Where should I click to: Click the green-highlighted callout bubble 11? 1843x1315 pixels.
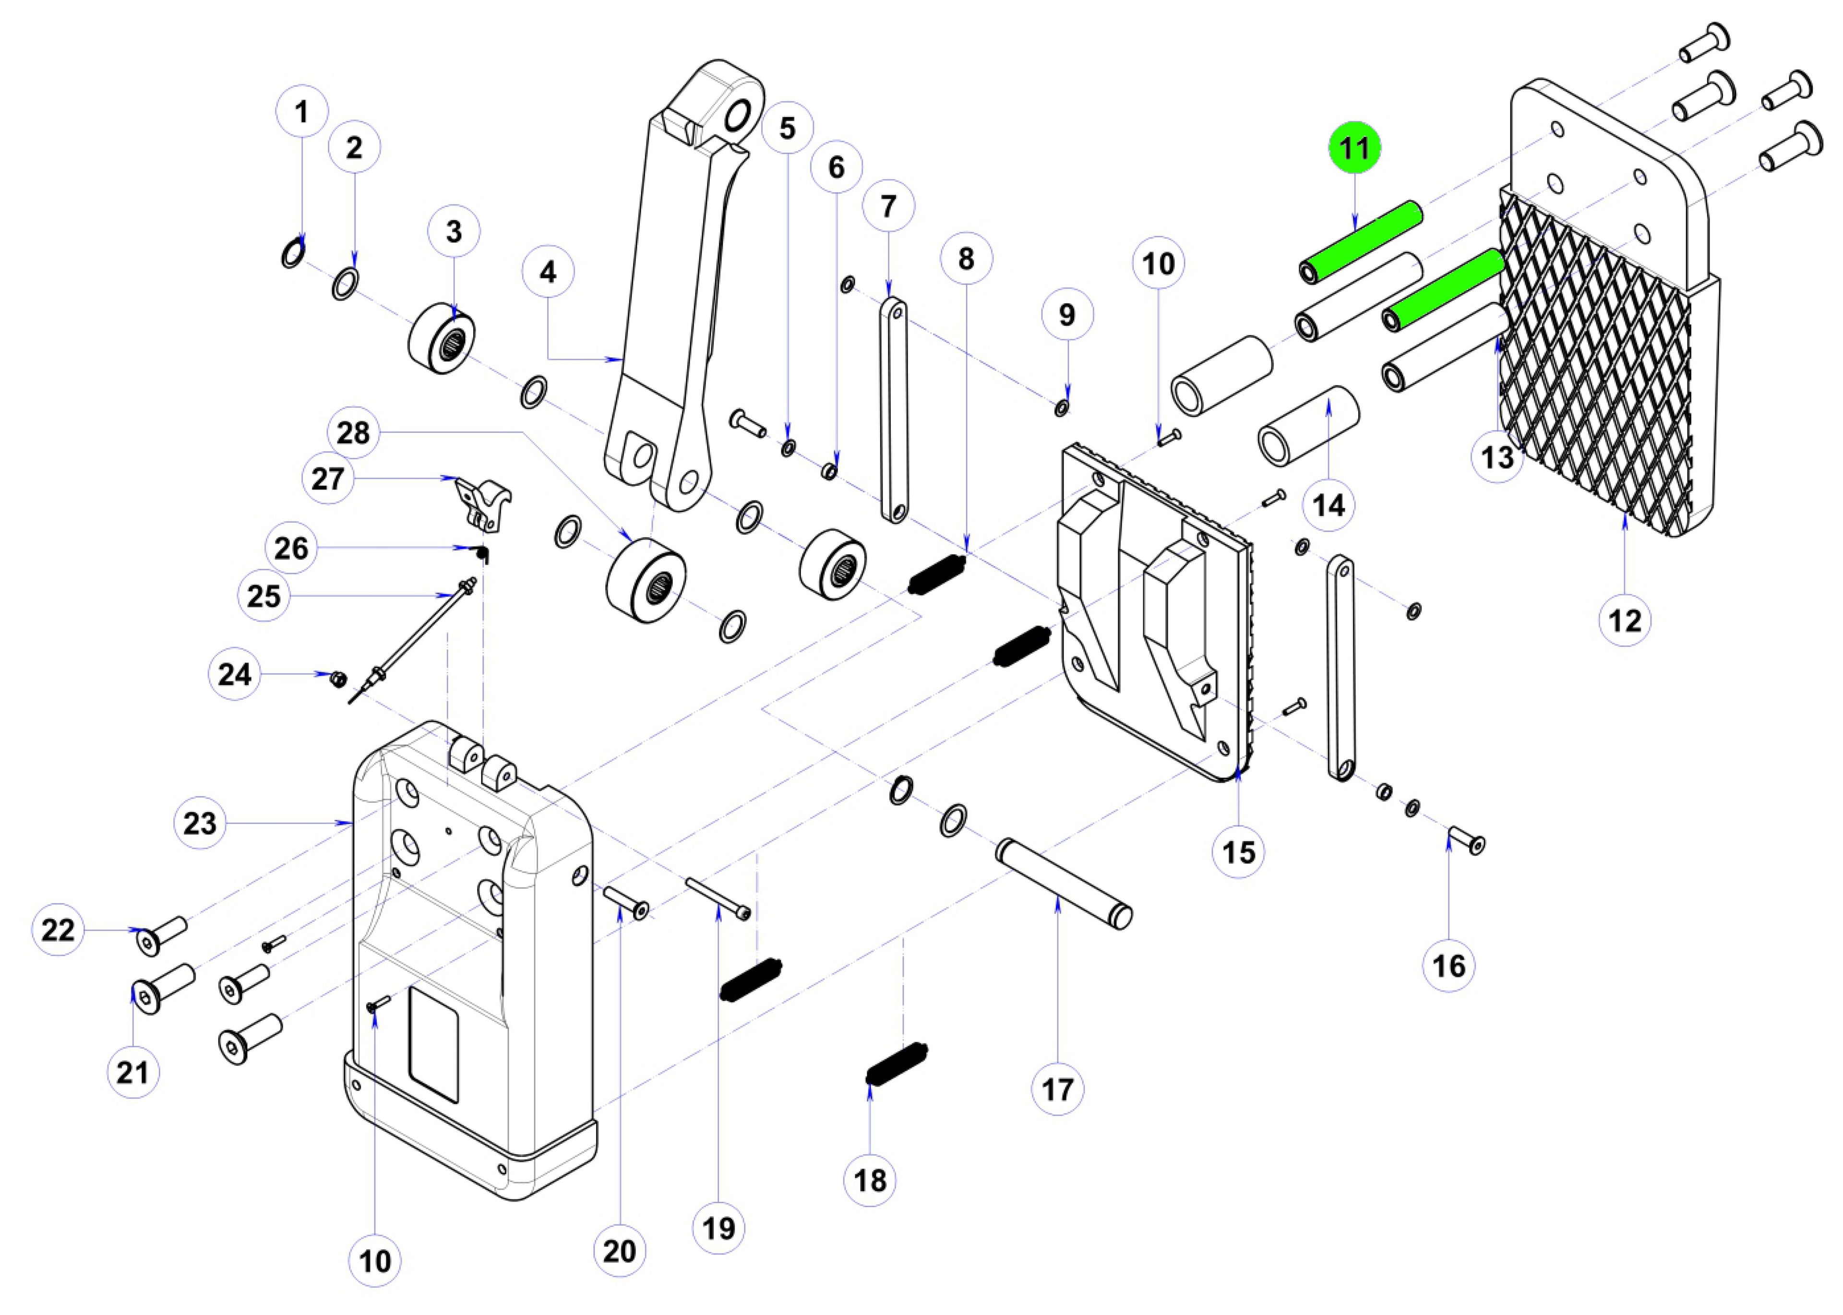point(1354,148)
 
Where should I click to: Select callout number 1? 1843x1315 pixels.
point(302,112)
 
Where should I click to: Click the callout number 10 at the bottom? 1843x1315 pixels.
point(375,1261)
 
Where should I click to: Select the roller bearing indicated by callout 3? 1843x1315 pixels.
point(442,338)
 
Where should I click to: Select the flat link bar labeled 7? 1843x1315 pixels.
point(894,411)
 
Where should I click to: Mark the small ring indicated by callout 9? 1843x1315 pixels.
point(1062,408)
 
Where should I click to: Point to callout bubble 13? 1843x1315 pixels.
point(1497,457)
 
